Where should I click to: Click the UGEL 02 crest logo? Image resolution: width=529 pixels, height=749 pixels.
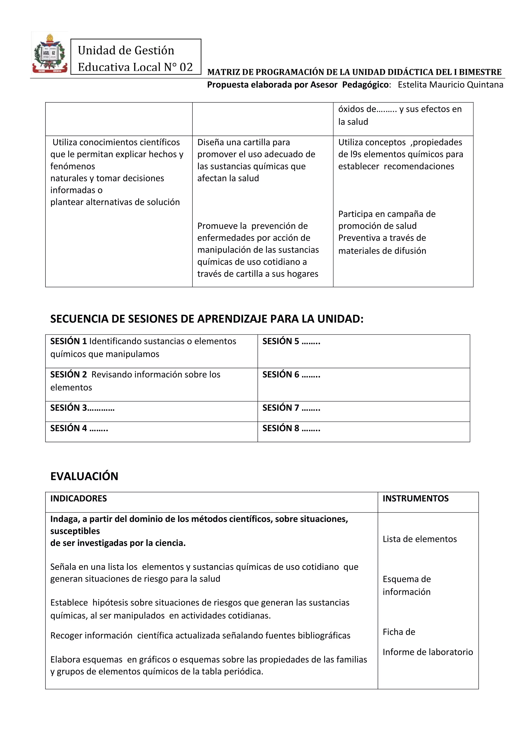[x=50, y=53]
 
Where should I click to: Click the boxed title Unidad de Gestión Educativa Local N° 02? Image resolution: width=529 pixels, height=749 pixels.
[x=136, y=58]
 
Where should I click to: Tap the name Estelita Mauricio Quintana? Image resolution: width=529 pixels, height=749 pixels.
[x=450, y=85]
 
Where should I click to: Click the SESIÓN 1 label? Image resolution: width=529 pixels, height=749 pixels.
[x=68, y=341]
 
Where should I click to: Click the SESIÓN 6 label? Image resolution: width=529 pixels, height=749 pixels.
[x=281, y=374]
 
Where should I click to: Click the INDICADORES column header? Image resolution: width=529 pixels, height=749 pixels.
[x=79, y=498]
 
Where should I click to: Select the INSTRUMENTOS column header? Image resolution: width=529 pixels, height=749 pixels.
[x=415, y=498]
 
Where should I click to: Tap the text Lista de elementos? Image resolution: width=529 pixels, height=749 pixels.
[x=419, y=539]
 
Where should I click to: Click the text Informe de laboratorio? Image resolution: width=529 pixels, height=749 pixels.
[x=427, y=652]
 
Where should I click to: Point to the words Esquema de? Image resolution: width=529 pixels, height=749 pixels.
[x=407, y=579]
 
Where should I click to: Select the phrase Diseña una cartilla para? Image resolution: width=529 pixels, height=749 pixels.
[x=243, y=142]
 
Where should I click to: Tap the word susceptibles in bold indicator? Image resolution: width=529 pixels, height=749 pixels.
[x=75, y=531]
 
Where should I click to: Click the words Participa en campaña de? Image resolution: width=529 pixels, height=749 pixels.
[x=387, y=214]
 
